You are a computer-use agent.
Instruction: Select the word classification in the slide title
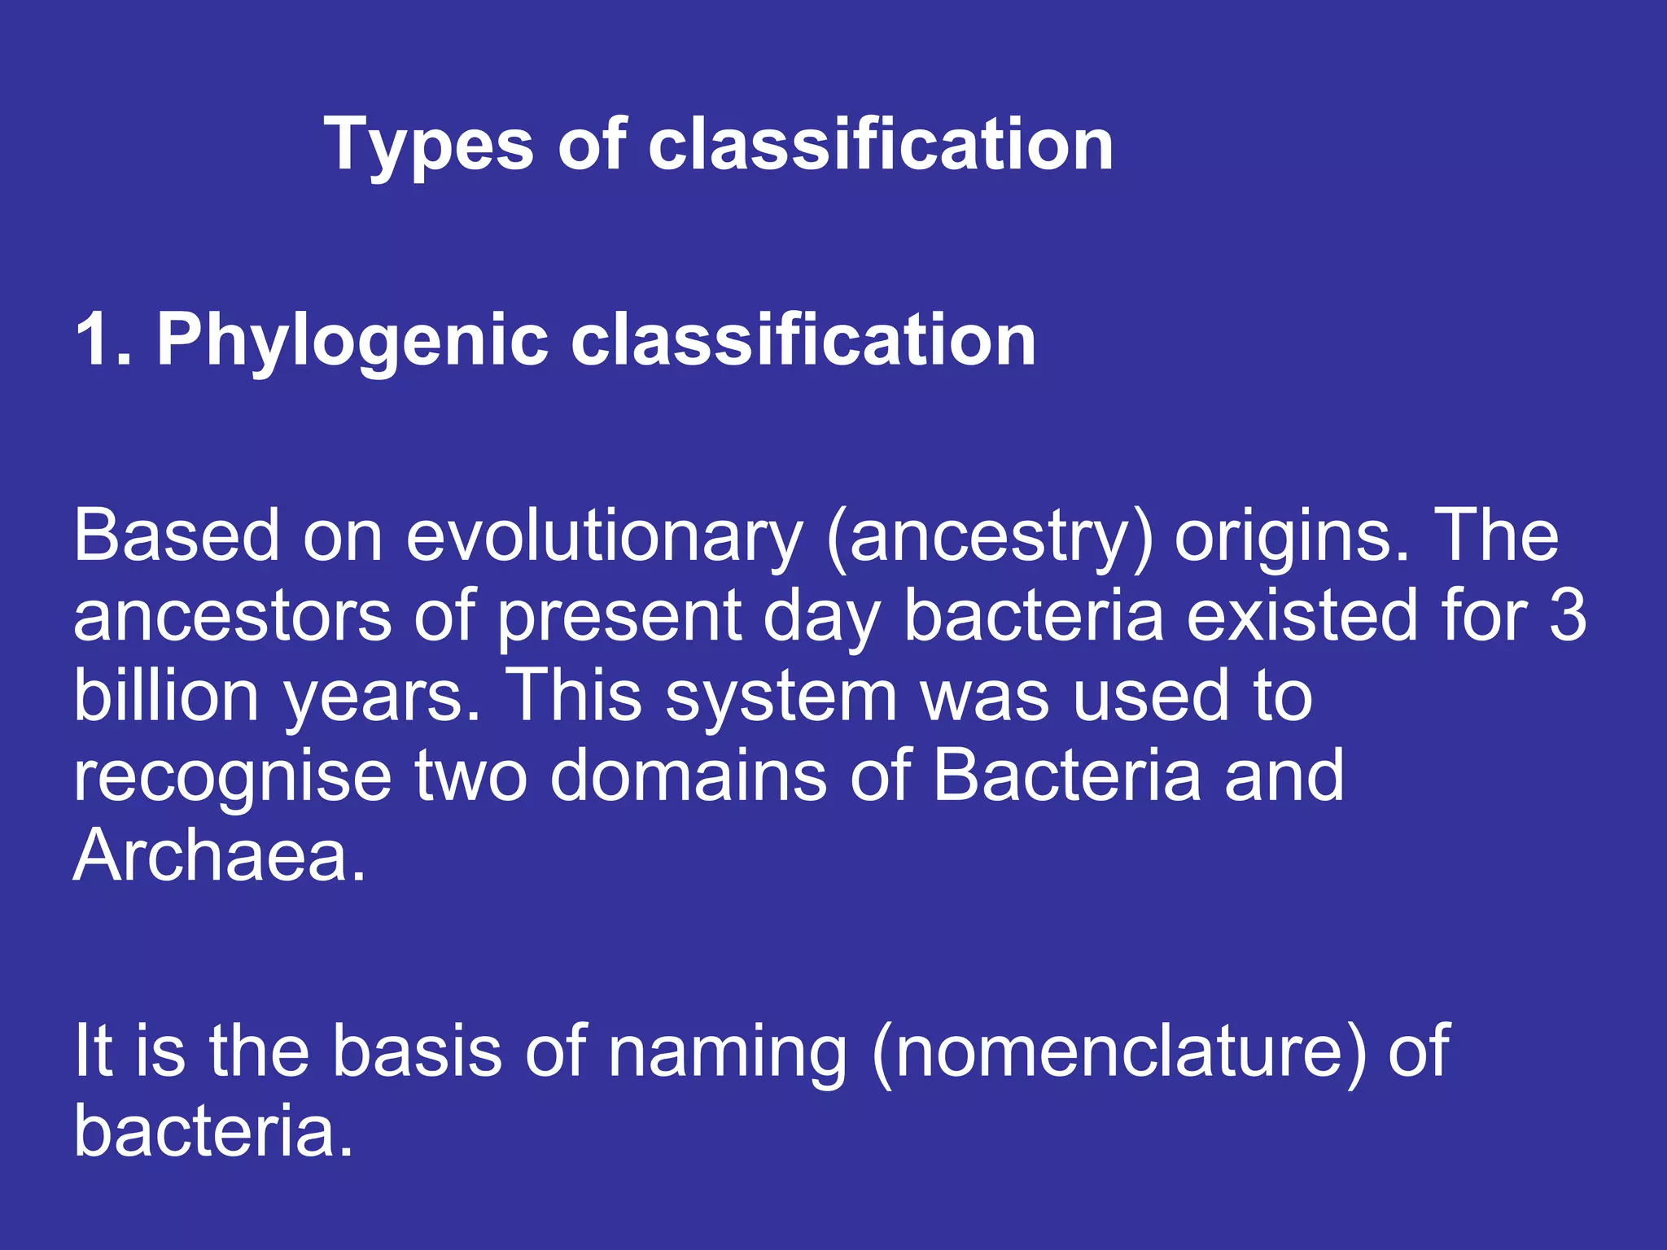[x=880, y=145]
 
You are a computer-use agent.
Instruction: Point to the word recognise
[x=233, y=776]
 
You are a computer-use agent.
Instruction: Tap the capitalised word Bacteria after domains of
[x=1066, y=775]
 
